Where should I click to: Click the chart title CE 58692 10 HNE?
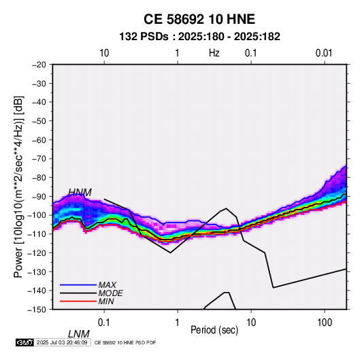(199, 19)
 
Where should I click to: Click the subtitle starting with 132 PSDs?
(199, 37)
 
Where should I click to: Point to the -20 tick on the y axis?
(39, 65)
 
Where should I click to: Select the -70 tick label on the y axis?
(39, 159)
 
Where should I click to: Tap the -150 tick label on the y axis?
(37, 310)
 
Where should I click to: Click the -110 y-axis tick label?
(37, 234)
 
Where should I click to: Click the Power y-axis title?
(18, 187)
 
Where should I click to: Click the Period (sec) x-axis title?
(214, 330)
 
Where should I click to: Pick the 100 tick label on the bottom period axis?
(325, 323)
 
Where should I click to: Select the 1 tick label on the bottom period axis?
(177, 323)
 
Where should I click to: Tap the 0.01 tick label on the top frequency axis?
(324, 53)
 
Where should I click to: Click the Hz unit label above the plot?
(214, 53)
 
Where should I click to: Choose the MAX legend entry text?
(107, 284)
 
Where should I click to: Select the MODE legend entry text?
(110, 293)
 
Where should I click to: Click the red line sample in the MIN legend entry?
(78, 301)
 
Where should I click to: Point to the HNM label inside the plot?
(80, 193)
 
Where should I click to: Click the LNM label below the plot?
(79, 334)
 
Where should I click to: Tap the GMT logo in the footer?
(24, 342)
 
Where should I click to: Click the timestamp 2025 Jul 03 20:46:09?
(62, 342)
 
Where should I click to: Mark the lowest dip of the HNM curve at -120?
(170, 252)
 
